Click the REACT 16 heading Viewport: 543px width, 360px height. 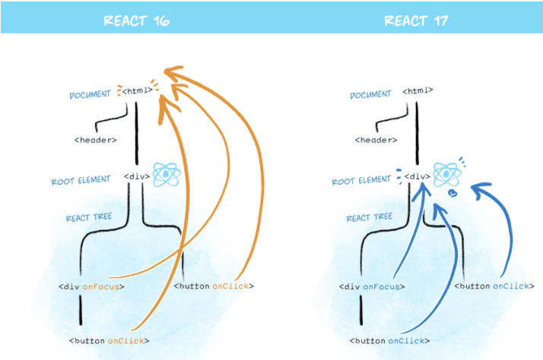(136, 21)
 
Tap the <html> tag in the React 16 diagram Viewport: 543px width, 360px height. (138, 91)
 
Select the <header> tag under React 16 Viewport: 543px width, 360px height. (96, 140)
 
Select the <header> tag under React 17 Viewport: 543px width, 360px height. (376, 140)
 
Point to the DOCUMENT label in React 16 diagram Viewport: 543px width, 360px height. (90, 95)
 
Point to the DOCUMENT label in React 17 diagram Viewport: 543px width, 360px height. (370, 94)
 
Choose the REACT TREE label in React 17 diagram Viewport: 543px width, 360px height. (369, 218)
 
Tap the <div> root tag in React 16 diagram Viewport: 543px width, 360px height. (137, 177)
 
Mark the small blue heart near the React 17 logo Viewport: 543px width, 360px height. (453, 193)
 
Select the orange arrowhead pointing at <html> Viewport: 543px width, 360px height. (173, 74)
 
